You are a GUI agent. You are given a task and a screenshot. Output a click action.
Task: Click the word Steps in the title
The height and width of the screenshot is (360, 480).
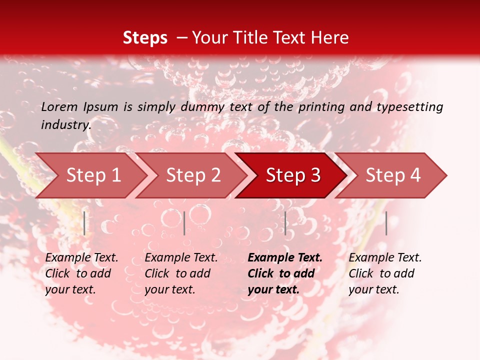145,38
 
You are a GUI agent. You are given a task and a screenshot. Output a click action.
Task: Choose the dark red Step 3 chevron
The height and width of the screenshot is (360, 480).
293,175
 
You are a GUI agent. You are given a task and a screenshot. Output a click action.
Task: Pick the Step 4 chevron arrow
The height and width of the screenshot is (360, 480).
393,175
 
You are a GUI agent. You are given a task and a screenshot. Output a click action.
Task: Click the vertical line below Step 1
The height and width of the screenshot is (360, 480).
84,223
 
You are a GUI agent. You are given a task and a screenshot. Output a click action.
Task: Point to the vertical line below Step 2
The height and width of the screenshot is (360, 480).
184,223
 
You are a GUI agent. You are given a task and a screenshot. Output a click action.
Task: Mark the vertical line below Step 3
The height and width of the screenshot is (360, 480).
285,223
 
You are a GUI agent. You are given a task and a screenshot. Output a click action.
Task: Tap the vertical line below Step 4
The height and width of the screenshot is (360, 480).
386,223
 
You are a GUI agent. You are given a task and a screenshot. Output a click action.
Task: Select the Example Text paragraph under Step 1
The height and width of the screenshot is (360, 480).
81,273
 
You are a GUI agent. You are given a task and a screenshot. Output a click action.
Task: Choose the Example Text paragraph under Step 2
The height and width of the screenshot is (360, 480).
181,273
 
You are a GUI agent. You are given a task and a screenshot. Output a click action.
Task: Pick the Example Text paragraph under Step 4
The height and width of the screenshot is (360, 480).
385,273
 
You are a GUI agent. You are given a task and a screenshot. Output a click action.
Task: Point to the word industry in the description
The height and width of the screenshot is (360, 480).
66,124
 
